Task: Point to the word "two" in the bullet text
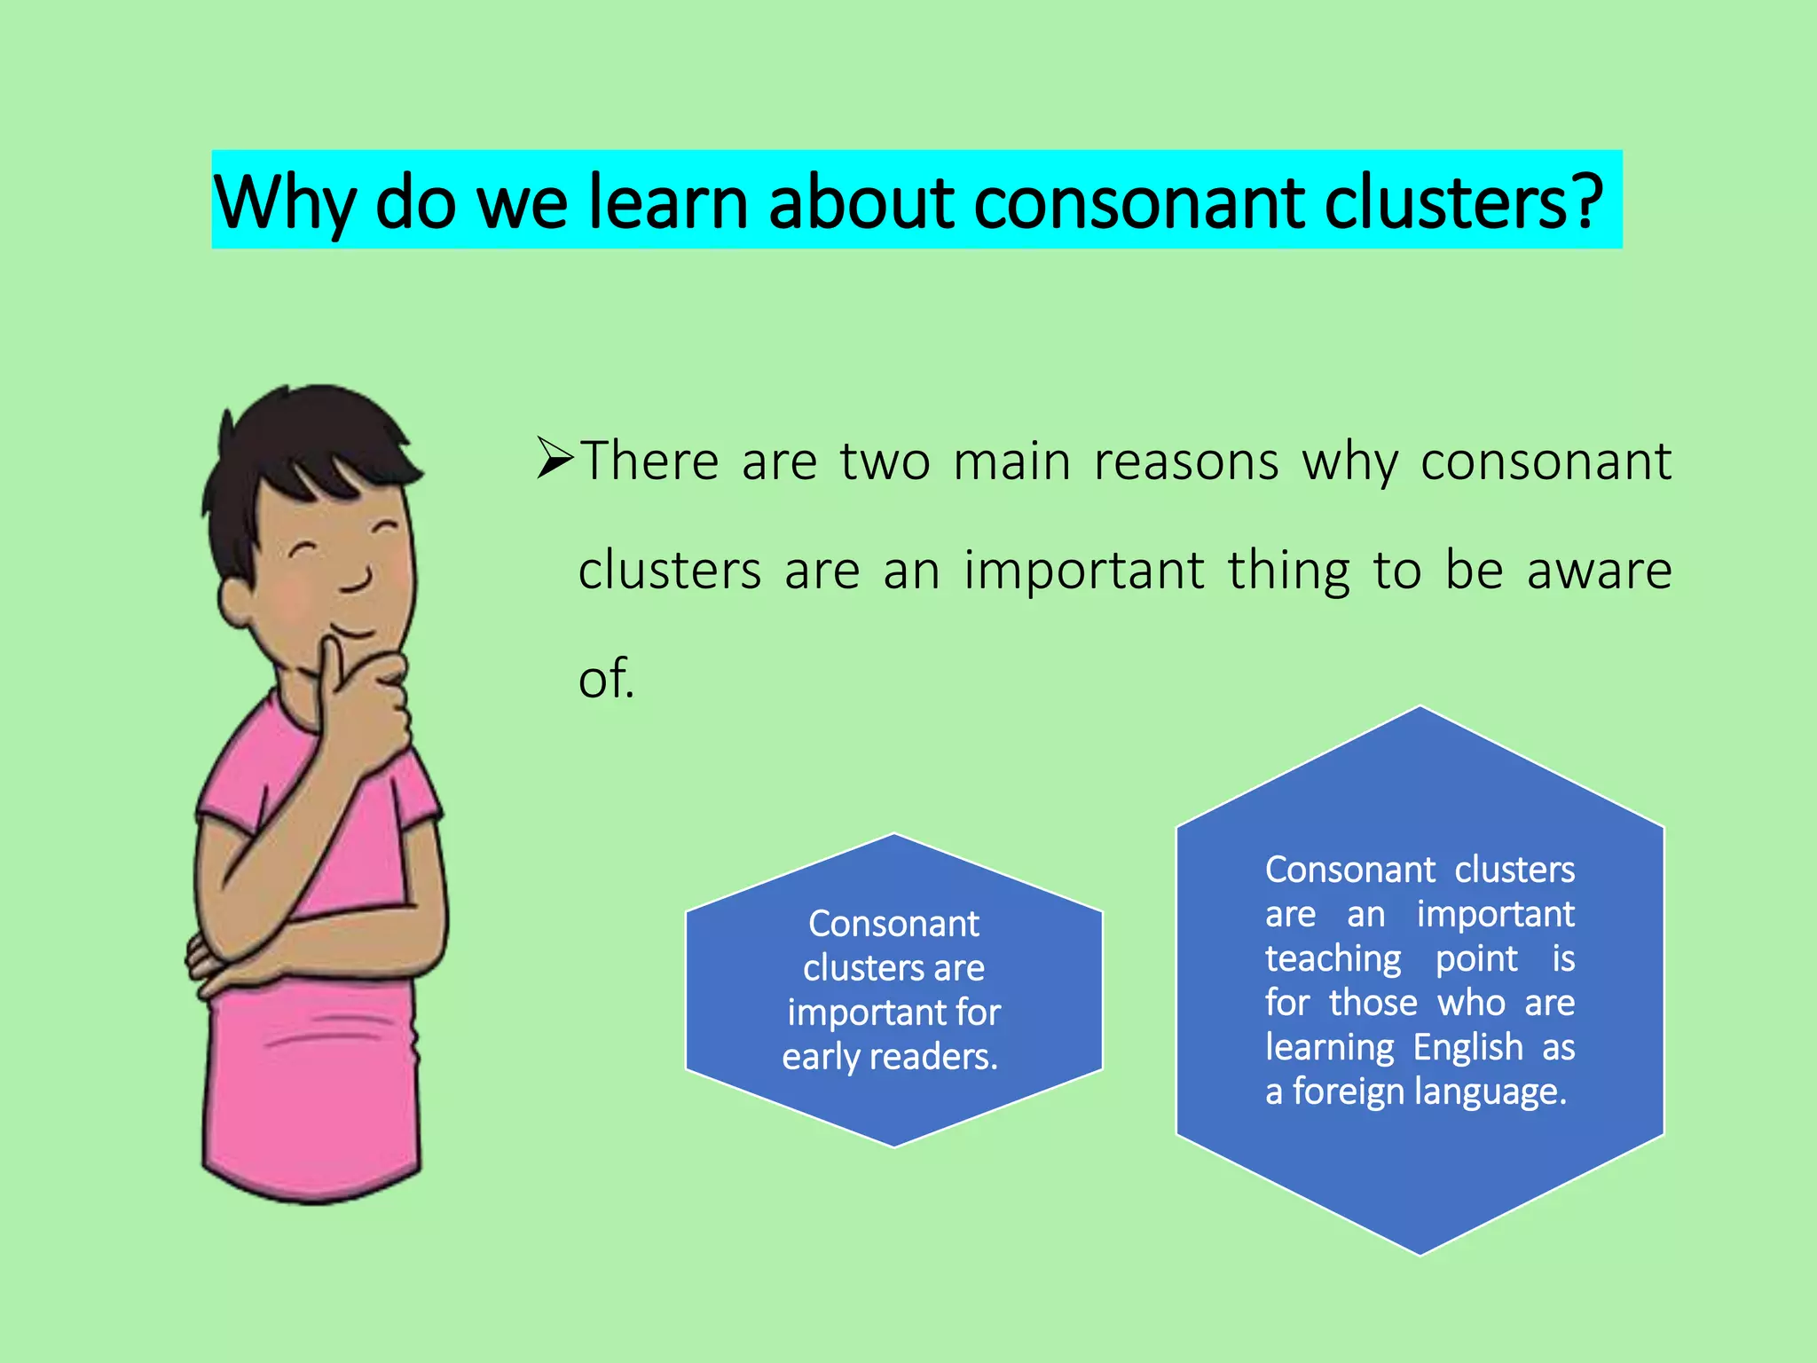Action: [x=885, y=462]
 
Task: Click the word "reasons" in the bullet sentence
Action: [x=1186, y=462]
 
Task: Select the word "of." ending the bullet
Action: [x=606, y=679]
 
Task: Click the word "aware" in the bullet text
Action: [x=1599, y=571]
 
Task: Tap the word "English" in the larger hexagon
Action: [x=1467, y=1047]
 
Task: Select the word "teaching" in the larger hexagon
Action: [x=1333, y=958]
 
